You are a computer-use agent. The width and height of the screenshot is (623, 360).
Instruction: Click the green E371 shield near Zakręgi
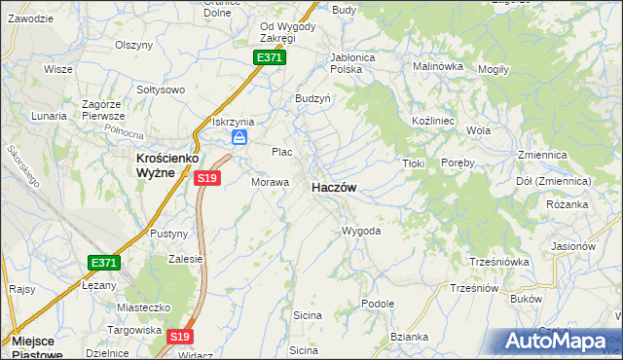pos(270,58)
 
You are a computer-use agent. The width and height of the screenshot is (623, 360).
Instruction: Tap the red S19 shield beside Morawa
pos(207,178)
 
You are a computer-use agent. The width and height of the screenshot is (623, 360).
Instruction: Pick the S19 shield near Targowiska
pos(177,337)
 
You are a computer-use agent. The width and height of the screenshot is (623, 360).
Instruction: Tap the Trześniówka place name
pos(498,262)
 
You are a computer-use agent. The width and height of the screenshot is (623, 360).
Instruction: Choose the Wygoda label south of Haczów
pos(360,232)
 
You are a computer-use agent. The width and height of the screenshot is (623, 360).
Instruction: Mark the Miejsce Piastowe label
pos(39,348)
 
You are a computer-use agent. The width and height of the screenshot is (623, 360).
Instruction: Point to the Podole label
pos(377,304)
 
